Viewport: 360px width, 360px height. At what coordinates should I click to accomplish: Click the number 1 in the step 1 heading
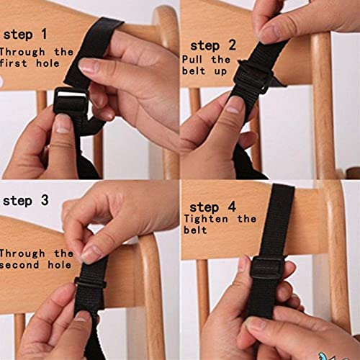click(x=45, y=34)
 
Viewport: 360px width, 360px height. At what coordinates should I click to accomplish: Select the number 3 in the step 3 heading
click(x=45, y=200)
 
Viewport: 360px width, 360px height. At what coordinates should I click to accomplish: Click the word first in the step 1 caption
click(x=17, y=64)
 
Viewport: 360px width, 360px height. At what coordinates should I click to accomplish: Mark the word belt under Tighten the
click(x=194, y=230)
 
